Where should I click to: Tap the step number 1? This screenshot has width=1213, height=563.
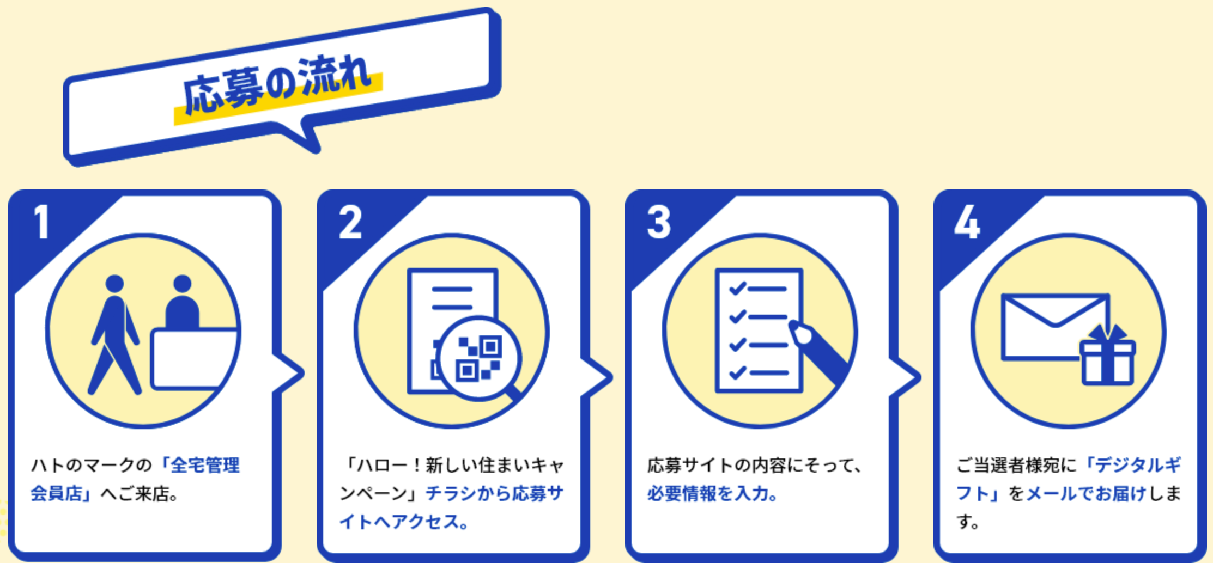tap(41, 222)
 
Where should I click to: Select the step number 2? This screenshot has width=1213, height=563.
tap(350, 222)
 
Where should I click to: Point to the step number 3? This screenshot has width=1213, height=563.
tap(658, 222)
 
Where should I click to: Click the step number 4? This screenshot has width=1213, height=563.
tap(967, 222)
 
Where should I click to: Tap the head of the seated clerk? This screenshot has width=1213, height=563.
tap(182, 284)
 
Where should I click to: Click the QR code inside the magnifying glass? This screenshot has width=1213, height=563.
tap(480, 358)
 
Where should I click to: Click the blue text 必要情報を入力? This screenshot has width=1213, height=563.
tap(711, 494)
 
